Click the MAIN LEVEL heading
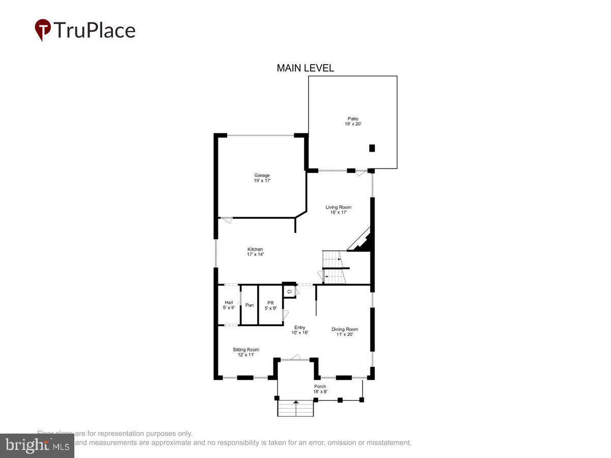click(x=305, y=68)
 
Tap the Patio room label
click(x=353, y=122)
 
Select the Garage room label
click(x=262, y=178)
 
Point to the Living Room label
click(x=339, y=210)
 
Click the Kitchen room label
click(x=255, y=251)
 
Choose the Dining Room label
click(x=345, y=332)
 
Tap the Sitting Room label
click(x=246, y=352)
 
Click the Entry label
click(x=300, y=330)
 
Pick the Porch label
click(x=320, y=389)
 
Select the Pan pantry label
click(x=249, y=305)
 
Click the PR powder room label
click(x=270, y=305)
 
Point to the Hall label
click(x=229, y=305)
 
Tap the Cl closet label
click(x=289, y=292)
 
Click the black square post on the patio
click(x=372, y=148)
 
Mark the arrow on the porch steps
click(x=296, y=402)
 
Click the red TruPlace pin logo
click(x=42, y=30)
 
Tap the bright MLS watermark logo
click(x=37, y=445)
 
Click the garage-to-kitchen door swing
click(x=227, y=220)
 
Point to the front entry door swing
click(x=295, y=358)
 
